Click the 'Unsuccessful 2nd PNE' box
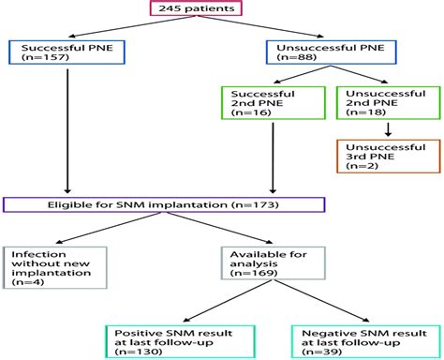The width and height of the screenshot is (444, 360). click(378, 101)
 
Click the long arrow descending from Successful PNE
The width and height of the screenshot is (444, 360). click(67, 131)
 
